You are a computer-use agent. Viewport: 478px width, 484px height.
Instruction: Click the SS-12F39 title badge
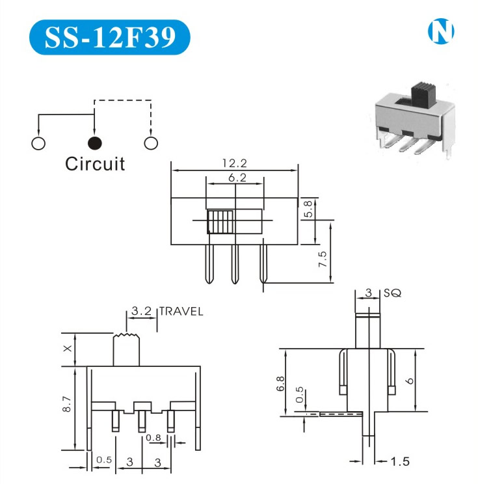pyautogui.click(x=110, y=37)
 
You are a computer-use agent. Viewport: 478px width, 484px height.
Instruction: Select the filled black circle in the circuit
pyautogui.click(x=94, y=142)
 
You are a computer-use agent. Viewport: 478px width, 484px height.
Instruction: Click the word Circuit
pyautogui.click(x=95, y=163)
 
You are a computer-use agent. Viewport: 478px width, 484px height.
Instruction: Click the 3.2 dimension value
pyautogui.click(x=141, y=312)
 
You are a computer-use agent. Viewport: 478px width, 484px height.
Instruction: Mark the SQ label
pyautogui.click(x=393, y=293)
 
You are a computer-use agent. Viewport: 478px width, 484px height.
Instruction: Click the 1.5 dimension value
pyautogui.click(x=401, y=462)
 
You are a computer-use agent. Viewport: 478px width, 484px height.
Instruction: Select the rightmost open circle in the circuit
pyautogui.click(x=151, y=142)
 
